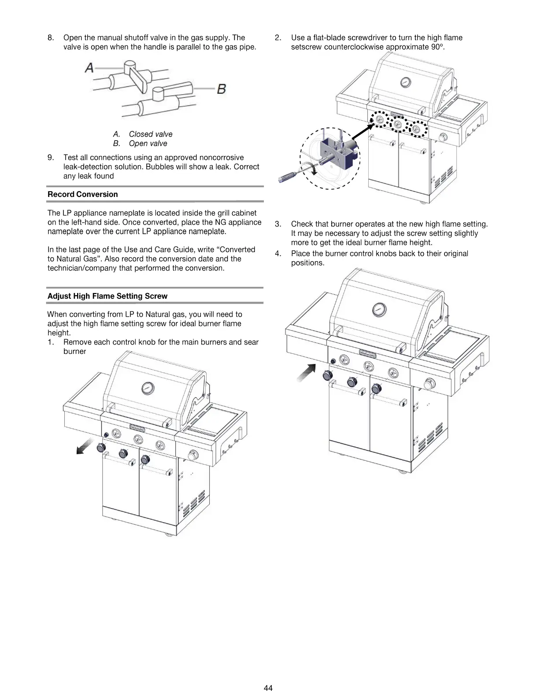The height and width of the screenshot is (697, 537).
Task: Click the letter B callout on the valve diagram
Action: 222,89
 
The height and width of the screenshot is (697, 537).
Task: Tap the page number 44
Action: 268,688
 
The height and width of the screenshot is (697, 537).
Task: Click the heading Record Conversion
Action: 83,194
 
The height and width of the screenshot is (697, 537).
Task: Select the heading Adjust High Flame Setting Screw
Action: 107,296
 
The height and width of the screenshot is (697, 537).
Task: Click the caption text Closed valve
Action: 151,134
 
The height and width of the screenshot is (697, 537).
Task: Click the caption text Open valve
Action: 148,143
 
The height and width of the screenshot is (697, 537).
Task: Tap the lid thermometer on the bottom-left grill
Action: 148,388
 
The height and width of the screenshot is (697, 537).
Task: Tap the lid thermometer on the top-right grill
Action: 405,82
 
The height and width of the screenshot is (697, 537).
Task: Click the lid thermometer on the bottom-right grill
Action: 378,309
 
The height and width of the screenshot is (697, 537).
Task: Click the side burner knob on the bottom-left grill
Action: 193,455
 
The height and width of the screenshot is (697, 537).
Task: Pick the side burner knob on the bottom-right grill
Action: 428,384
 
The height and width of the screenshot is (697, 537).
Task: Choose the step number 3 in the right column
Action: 278,224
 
